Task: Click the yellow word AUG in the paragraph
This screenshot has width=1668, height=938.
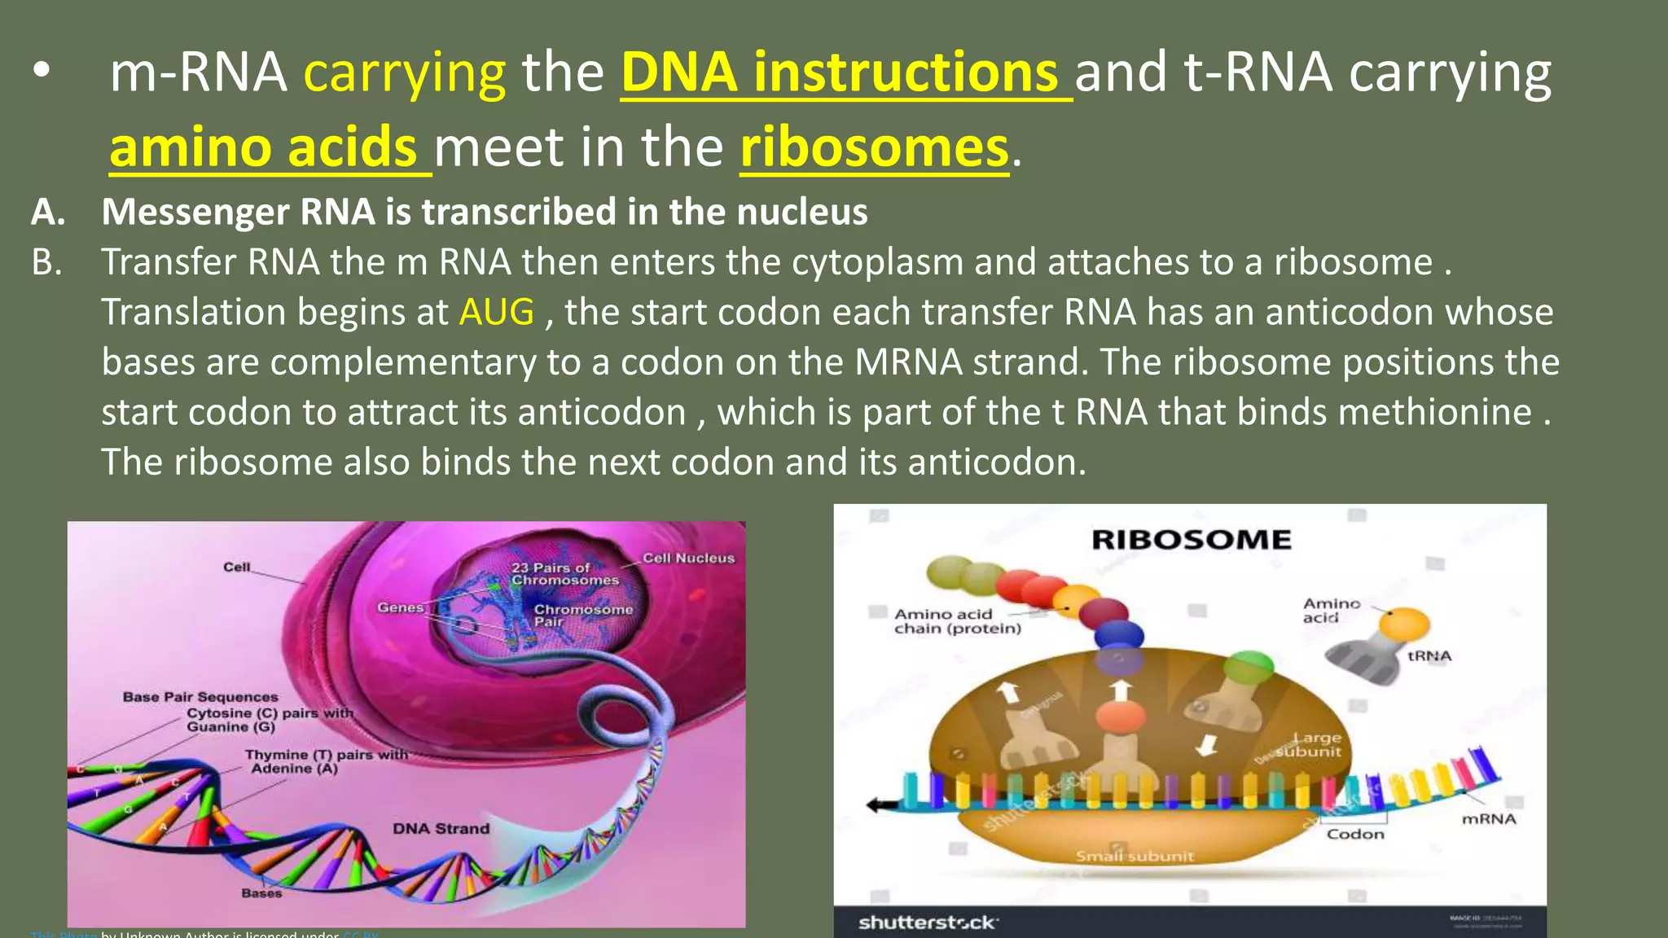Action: click(496, 313)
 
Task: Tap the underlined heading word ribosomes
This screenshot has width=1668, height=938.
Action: click(874, 148)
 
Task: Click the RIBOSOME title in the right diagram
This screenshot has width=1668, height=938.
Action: click(1191, 540)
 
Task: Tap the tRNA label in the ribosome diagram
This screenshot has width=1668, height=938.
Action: click(1429, 656)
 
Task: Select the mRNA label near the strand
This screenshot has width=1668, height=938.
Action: click(1488, 819)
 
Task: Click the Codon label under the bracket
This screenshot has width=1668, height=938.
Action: click(1355, 835)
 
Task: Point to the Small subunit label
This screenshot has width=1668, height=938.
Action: click(1134, 857)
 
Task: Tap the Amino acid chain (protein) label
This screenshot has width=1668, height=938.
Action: click(956, 621)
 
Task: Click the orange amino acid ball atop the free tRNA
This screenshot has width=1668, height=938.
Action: click(1404, 625)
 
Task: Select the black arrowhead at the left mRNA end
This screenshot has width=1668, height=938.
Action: click(876, 805)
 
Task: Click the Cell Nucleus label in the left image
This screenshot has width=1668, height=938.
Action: click(688, 559)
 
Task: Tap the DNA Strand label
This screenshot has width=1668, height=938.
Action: click(441, 829)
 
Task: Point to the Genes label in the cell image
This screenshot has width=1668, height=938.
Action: click(400, 607)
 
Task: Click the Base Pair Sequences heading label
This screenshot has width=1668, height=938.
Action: click(200, 697)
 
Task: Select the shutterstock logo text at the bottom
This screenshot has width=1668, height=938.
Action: click(927, 923)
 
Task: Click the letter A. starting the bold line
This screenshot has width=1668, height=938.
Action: click(48, 213)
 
